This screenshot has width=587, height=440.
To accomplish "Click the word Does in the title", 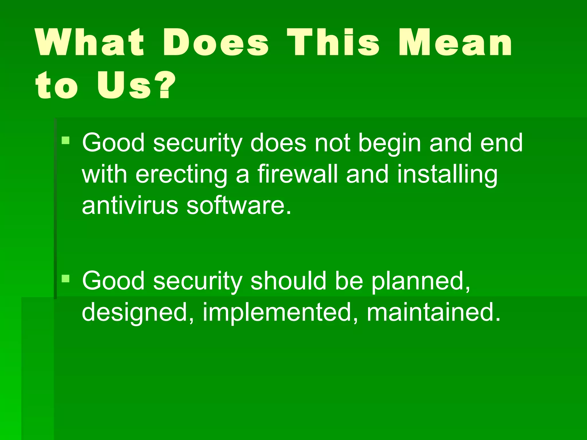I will [x=216, y=43].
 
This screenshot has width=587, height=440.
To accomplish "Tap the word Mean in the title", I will [x=455, y=43].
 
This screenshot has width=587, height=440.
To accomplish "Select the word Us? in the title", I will [x=136, y=85].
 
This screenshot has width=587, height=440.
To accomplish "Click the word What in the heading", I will [x=89, y=43].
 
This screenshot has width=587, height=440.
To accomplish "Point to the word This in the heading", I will [x=333, y=43].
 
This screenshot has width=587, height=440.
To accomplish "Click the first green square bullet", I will [x=66, y=140].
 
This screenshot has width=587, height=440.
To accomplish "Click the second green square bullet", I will [x=66, y=278].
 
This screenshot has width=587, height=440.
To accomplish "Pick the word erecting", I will [x=181, y=175].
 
